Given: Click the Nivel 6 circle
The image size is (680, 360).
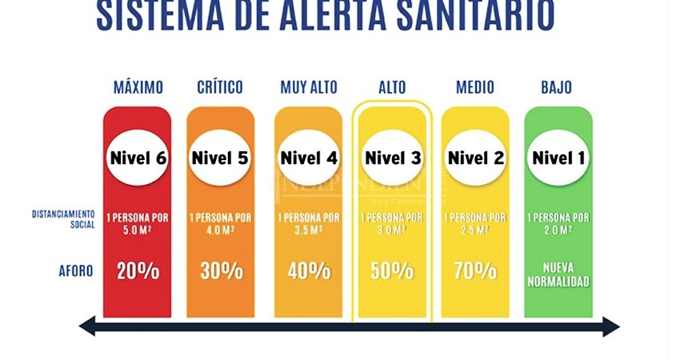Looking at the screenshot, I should point(137,158).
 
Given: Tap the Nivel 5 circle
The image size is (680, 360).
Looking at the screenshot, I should point(220,158).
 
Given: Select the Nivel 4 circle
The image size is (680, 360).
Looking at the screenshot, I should point(309,158).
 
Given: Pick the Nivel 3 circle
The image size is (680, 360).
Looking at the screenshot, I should point(393,158).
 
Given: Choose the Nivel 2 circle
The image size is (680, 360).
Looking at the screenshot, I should point(475,158).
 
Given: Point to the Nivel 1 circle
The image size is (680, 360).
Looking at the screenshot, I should point(558,158).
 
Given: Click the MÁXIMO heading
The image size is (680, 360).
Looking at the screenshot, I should point(138,87).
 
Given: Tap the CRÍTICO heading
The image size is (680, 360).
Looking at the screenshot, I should point(220,87).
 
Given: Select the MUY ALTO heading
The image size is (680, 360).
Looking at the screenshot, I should point(309,87).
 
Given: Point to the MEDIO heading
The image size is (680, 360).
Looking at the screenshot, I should point(475,87).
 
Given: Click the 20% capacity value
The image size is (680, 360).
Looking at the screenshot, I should point(138,270).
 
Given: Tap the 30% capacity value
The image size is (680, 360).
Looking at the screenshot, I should point(221,270).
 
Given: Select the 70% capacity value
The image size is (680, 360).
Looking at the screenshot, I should point(475,270).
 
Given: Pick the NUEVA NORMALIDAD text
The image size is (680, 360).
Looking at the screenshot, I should point(558,274).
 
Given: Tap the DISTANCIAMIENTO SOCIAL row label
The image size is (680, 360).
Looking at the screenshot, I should point(64,219).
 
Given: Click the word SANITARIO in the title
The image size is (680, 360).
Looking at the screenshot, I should point(455,16).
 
